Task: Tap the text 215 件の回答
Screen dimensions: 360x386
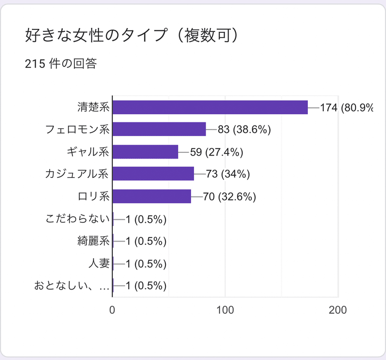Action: click(61, 64)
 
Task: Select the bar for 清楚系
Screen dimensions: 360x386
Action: click(210, 107)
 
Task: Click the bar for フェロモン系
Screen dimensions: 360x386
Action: click(159, 129)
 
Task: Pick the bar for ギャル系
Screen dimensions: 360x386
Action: click(145, 152)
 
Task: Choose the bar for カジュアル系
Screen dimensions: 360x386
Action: click(153, 173)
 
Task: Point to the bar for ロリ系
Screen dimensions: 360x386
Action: click(152, 196)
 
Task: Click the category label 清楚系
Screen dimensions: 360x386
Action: click(94, 107)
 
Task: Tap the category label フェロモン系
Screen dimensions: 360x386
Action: click(77, 129)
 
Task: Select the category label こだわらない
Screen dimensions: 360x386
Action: click(78, 219)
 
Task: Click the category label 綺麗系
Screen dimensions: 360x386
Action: click(94, 241)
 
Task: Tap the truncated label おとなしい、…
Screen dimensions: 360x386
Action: click(72, 286)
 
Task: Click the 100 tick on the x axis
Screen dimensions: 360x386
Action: click(225, 310)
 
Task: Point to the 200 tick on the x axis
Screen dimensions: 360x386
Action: click(337, 310)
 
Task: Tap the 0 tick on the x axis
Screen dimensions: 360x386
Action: click(112, 310)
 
